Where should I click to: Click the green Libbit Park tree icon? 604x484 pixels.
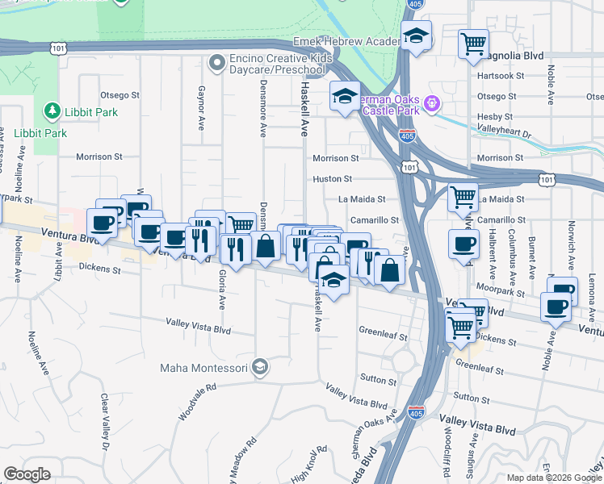click(x=52, y=110)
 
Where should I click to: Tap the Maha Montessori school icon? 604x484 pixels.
click(x=259, y=368)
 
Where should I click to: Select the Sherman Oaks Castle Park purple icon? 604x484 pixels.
click(x=431, y=103)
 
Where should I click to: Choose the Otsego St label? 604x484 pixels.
click(x=117, y=94)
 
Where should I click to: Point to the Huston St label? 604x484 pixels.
click(x=333, y=178)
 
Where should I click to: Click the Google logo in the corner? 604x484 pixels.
click(x=27, y=474)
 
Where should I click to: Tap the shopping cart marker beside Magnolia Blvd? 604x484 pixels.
click(x=473, y=44)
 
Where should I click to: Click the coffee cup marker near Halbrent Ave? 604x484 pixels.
click(x=463, y=245)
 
